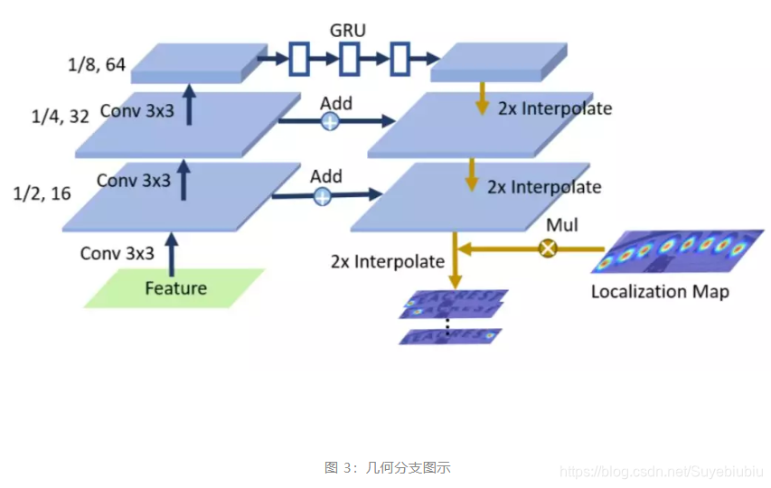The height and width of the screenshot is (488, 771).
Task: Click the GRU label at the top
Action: click(x=348, y=31)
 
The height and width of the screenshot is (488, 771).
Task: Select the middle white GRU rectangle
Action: click(x=349, y=61)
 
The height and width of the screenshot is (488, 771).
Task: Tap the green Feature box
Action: click(x=176, y=288)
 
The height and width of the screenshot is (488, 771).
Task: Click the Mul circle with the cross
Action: click(x=547, y=247)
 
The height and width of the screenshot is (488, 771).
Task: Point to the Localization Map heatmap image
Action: click(x=672, y=252)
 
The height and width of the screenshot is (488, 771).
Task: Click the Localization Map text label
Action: click(x=660, y=292)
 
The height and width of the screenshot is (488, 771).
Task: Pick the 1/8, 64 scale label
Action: click(x=96, y=64)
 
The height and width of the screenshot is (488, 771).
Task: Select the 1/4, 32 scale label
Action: click(x=61, y=117)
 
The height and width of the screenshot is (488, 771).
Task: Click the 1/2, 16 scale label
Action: click(x=42, y=193)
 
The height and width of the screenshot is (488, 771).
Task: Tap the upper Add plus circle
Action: click(x=332, y=120)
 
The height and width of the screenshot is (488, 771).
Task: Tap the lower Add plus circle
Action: click(x=323, y=195)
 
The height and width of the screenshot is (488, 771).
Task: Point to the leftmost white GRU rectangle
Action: click(x=299, y=61)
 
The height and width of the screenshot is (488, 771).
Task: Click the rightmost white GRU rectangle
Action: click(x=400, y=61)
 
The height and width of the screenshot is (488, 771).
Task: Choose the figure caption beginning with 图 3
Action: click(x=387, y=468)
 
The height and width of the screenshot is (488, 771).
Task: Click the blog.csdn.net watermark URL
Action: click(x=662, y=472)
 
